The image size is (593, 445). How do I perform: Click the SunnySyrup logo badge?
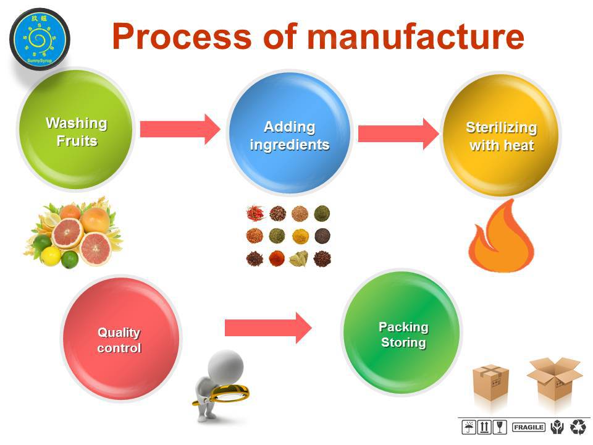coord(40,40)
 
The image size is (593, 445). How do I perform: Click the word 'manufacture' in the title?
coord(415,36)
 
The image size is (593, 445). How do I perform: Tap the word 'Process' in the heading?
coord(182,36)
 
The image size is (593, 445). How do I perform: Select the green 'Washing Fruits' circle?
coord(76,129)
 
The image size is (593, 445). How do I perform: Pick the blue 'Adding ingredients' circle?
coord(289,133)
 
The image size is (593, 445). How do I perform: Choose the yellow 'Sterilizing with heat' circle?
coord(501,135)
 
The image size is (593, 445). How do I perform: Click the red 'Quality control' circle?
coord(120,338)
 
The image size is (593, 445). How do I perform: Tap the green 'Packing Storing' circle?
coord(402,333)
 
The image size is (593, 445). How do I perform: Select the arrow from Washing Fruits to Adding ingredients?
coord(180,129)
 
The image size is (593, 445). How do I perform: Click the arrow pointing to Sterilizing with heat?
coord(398,133)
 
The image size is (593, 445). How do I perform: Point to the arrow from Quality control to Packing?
coord(268,328)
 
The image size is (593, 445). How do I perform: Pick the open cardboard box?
coord(554,378)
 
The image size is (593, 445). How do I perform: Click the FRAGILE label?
coord(529,427)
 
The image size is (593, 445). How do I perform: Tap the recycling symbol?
coord(578,427)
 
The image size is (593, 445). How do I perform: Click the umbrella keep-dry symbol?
coord(469,427)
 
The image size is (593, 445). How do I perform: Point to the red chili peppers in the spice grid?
coord(255,213)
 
